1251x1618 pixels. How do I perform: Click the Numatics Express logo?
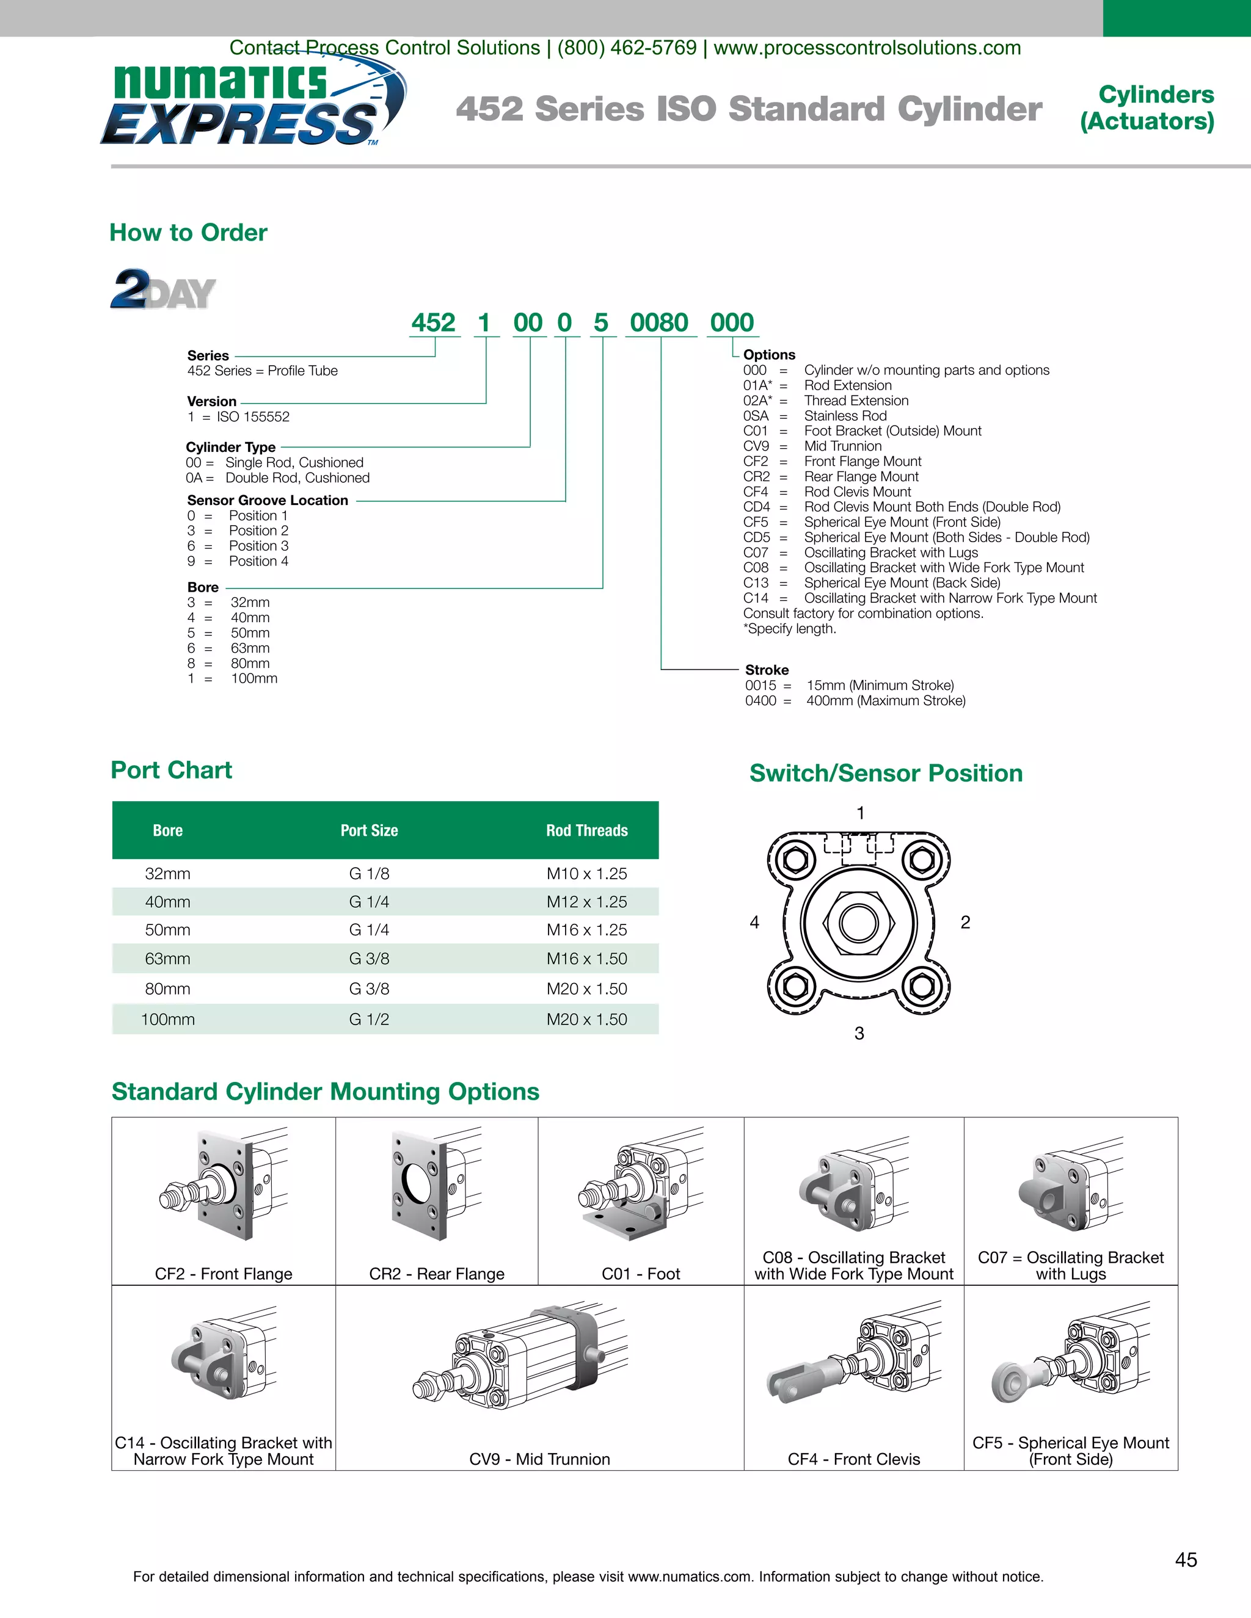click(x=252, y=104)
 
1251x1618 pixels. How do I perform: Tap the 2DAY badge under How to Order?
click(x=163, y=289)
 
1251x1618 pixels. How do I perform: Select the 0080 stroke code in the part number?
click(x=659, y=323)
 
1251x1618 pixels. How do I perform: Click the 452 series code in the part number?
click(x=434, y=323)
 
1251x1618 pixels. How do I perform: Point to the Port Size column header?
click(x=369, y=830)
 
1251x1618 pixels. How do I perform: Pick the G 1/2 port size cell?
click(x=369, y=1020)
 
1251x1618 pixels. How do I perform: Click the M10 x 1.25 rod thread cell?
click(x=586, y=874)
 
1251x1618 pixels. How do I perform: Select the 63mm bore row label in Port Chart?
click(x=167, y=959)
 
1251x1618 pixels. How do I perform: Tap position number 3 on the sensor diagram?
click(x=859, y=1032)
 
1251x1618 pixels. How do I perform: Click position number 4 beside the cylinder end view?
click(x=754, y=923)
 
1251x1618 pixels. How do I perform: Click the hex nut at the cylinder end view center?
click(x=859, y=923)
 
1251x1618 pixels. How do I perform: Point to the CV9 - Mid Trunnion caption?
click(x=539, y=1459)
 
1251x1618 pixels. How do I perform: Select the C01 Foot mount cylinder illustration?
click(x=641, y=1185)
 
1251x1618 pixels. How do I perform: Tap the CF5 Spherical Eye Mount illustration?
click(x=1071, y=1363)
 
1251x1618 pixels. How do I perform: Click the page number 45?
click(x=1186, y=1559)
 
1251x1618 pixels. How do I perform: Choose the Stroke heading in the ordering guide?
click(x=767, y=670)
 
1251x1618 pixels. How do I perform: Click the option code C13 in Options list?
click(x=756, y=583)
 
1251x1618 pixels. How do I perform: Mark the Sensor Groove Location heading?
click(x=268, y=500)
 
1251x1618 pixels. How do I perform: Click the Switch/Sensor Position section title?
click(x=886, y=773)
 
